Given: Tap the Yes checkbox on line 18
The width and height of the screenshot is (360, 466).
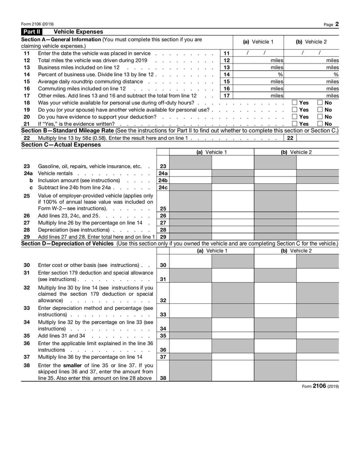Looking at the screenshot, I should [x=295, y=103].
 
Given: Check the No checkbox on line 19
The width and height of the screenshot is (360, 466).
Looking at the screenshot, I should [x=320, y=109].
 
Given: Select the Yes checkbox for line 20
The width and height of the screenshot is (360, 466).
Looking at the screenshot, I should [x=295, y=117].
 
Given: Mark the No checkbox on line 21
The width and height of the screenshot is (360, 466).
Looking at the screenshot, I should [x=320, y=123].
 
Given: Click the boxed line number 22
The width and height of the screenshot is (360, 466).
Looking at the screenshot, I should [x=290, y=138].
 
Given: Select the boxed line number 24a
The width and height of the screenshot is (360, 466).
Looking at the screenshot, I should [x=163, y=173].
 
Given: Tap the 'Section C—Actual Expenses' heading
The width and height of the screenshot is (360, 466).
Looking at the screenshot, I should [x=61, y=145].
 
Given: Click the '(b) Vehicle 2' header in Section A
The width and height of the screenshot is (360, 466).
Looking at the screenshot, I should [x=311, y=42].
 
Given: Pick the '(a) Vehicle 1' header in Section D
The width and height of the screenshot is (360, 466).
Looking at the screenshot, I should [x=212, y=251].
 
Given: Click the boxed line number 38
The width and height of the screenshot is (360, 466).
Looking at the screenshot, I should [x=163, y=378].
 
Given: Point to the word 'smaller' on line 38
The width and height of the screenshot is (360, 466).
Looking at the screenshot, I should [x=73, y=365].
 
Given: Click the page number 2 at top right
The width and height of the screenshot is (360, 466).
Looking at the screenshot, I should [x=337, y=24].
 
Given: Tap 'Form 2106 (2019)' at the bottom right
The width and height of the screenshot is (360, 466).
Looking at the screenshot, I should [x=320, y=386].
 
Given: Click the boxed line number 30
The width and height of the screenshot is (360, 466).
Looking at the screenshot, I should [x=163, y=265].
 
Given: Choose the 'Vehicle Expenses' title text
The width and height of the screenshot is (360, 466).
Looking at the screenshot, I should [x=78, y=32].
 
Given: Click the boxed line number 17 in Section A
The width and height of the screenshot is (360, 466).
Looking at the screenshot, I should [x=227, y=95].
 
